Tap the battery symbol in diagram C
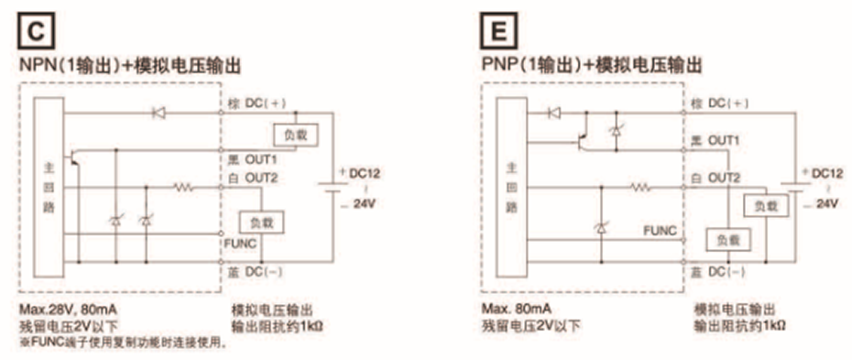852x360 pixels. [x=325, y=188]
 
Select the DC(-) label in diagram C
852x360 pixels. [x=264, y=273]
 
